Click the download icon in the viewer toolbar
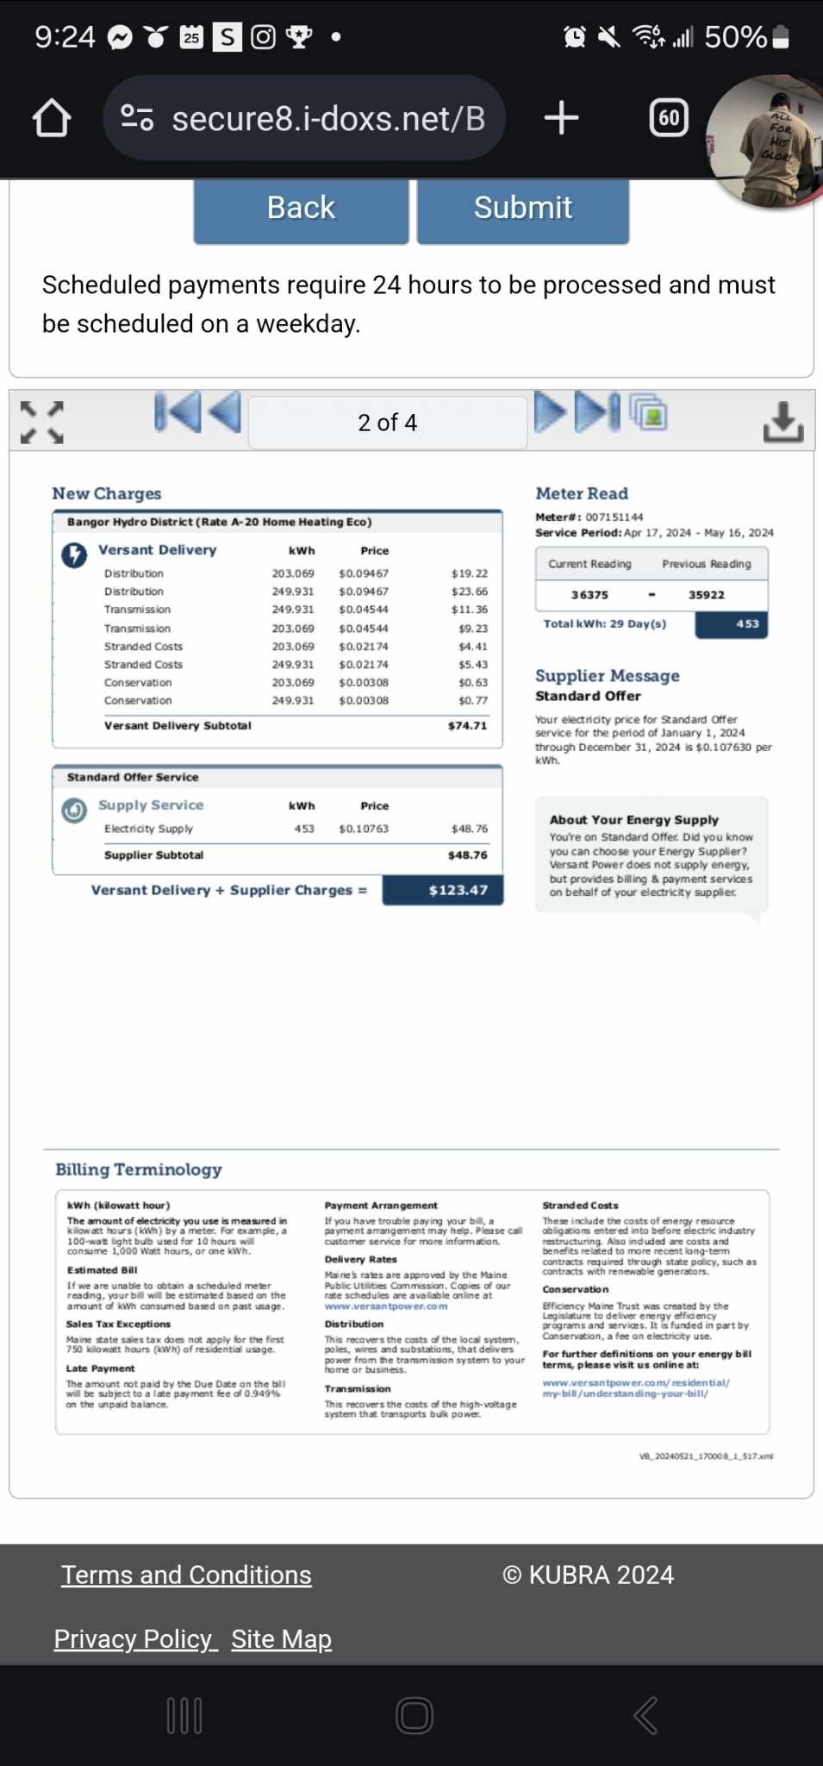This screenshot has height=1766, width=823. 782,422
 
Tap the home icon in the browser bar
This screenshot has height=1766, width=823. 52,118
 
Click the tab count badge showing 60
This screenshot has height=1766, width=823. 669,118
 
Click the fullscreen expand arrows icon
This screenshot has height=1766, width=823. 42,422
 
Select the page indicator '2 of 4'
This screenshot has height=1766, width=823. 387,423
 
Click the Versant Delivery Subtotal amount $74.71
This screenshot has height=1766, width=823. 467,726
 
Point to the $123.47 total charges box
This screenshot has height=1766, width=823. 443,890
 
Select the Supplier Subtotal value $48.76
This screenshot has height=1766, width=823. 467,855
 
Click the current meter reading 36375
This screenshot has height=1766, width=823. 589,595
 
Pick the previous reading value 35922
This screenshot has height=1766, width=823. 707,595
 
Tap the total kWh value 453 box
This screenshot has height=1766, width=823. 731,623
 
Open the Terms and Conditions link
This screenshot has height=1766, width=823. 186,1575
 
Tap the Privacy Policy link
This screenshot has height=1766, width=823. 134,1638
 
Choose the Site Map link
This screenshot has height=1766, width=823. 281,1638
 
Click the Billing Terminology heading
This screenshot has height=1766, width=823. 139,1169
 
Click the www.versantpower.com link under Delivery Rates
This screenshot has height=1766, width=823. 386,1306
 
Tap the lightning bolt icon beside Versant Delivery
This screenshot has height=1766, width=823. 74,554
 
